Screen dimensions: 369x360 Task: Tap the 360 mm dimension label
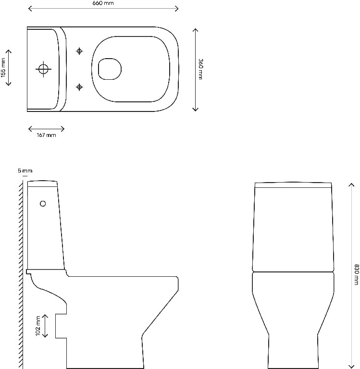(201, 69)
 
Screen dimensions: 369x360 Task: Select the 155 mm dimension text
(3, 67)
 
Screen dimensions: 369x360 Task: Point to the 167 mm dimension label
(46, 135)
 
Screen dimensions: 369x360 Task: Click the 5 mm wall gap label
(25, 171)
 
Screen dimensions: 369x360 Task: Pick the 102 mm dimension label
(37, 326)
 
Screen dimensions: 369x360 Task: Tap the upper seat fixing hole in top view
(80, 51)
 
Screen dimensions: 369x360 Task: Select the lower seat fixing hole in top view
(80, 86)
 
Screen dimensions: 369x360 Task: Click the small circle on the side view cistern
(43, 204)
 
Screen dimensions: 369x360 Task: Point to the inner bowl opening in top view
(109, 69)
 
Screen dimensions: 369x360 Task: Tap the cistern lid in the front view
(293, 185)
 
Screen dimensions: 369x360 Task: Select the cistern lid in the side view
(43, 183)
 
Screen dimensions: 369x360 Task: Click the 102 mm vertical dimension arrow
(46, 326)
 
